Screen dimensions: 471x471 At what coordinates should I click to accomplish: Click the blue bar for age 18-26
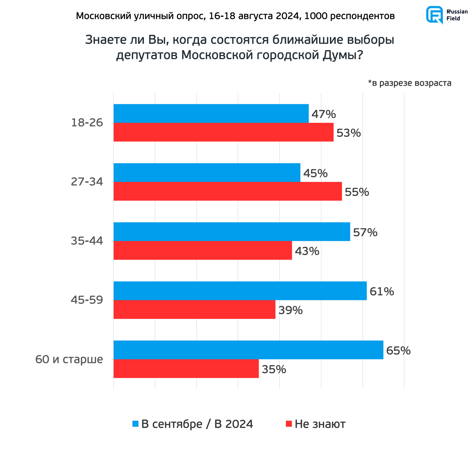coord(211,114)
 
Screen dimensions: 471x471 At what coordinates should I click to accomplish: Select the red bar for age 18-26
coord(223,132)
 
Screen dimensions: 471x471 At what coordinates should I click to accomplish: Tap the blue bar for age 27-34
coord(207,173)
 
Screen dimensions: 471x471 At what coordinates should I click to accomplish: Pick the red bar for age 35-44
coord(202,250)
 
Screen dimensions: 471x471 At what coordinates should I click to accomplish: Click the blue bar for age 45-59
coord(240,291)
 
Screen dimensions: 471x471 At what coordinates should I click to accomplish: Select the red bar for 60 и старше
coord(186,368)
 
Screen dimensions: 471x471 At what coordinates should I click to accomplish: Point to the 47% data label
coord(324,114)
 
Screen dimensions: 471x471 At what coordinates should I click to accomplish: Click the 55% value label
coord(357,192)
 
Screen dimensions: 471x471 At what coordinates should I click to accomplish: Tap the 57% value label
coord(365,232)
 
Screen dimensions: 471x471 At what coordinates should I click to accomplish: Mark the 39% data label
coord(290,310)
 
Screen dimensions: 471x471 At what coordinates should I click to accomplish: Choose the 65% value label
coord(398,351)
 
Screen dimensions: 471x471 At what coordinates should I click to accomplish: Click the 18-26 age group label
coord(87,123)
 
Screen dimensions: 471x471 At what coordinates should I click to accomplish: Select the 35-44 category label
coord(87,241)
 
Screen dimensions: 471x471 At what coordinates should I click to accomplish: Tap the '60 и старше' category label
coord(69,359)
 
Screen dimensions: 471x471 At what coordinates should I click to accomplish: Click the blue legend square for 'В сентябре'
coord(135,424)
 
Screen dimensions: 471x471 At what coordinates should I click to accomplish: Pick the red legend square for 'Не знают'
coord(289,424)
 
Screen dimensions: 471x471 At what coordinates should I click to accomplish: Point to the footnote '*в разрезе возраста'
coord(410,83)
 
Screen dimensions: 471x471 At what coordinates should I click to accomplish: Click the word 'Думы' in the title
coord(342,55)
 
